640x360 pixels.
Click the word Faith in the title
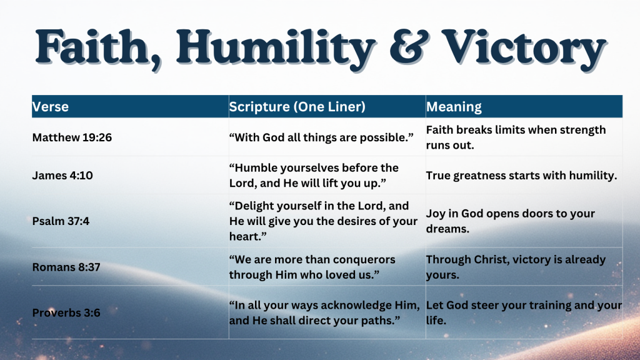tap(90, 48)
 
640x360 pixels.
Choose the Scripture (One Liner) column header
tap(297, 107)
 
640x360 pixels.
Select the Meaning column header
tap(454, 107)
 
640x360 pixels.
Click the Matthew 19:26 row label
tap(72, 137)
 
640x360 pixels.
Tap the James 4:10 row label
tap(62, 176)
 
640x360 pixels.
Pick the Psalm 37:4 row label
tap(61, 221)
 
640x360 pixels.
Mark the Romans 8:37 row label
tap(66, 267)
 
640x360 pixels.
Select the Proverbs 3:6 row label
tap(66, 312)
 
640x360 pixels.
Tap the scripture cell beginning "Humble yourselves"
tap(314, 176)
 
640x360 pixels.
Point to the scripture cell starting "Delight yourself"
tap(323, 221)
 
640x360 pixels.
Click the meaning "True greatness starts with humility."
tap(521, 176)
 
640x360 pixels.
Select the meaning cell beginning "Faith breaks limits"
tap(516, 137)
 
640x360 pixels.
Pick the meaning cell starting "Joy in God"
tap(510, 221)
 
